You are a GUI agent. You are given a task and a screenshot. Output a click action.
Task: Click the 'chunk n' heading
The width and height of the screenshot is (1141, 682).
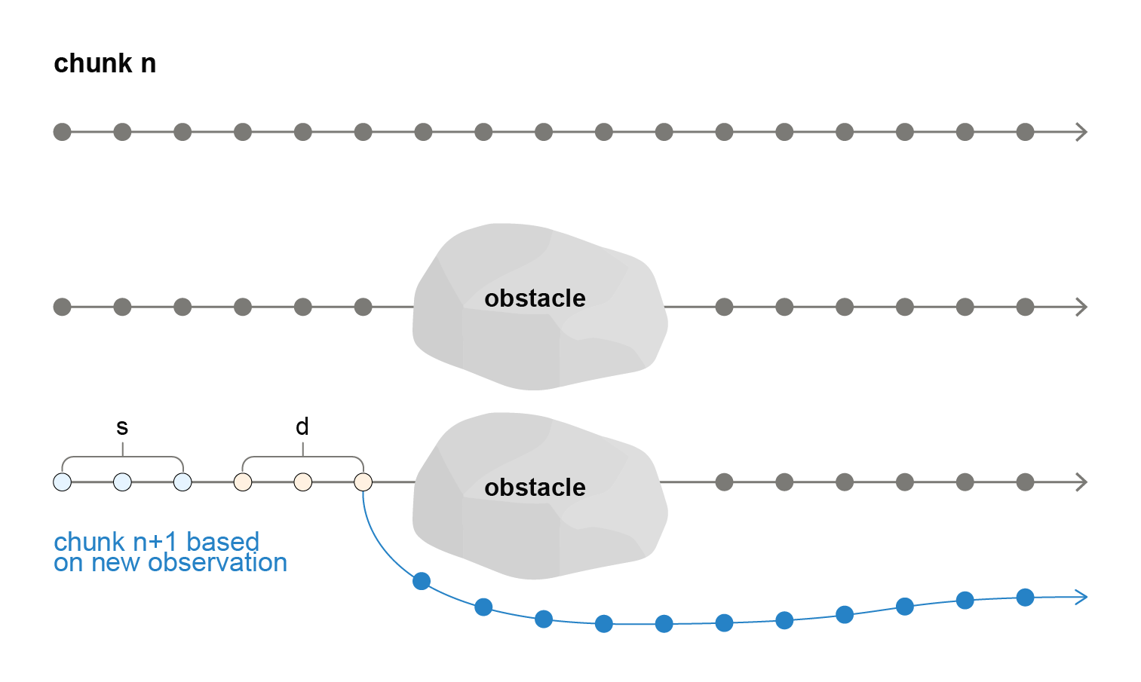pyautogui.click(x=105, y=63)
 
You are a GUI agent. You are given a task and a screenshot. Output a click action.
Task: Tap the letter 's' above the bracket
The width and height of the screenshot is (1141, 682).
pyautogui.click(x=122, y=427)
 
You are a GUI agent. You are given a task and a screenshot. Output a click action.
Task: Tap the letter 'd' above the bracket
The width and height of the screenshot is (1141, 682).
pyautogui.click(x=302, y=426)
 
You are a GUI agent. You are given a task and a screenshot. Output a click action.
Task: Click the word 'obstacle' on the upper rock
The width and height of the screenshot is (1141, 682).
pyautogui.click(x=535, y=298)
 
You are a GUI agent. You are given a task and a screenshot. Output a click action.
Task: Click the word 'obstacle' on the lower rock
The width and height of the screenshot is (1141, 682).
pyautogui.click(x=535, y=488)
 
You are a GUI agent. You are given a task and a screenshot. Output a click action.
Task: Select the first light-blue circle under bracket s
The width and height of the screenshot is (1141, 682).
pyautogui.click(x=62, y=482)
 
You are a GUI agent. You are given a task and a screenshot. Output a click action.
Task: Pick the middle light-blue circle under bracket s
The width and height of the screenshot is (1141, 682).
pyautogui.click(x=122, y=482)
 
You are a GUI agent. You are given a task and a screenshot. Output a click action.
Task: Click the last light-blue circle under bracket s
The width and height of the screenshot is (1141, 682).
pyautogui.click(x=182, y=482)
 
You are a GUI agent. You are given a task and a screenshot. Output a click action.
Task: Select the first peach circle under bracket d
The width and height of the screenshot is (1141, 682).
pyautogui.click(x=243, y=482)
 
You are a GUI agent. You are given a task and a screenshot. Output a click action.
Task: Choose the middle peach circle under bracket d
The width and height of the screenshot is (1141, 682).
pyautogui.click(x=303, y=482)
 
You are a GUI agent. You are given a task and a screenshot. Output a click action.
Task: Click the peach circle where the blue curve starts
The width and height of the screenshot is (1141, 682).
pyautogui.click(x=363, y=482)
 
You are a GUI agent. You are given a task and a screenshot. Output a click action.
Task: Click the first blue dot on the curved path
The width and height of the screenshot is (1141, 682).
pyautogui.click(x=422, y=581)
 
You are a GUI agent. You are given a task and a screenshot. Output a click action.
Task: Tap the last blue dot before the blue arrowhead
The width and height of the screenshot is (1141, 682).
pyautogui.click(x=1025, y=598)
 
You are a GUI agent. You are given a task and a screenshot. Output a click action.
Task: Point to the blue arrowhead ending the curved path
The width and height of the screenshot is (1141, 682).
pyautogui.click(x=1082, y=597)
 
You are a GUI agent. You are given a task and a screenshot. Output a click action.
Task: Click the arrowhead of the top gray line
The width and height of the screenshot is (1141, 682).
pyautogui.click(x=1082, y=133)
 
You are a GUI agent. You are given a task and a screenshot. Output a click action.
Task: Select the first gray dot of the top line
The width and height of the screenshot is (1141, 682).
pyautogui.click(x=62, y=133)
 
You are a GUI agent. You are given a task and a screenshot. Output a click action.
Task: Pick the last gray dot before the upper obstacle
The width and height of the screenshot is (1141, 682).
pyautogui.click(x=363, y=307)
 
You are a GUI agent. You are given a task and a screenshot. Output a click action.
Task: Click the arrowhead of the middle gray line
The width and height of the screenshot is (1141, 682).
pyautogui.click(x=1082, y=307)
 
